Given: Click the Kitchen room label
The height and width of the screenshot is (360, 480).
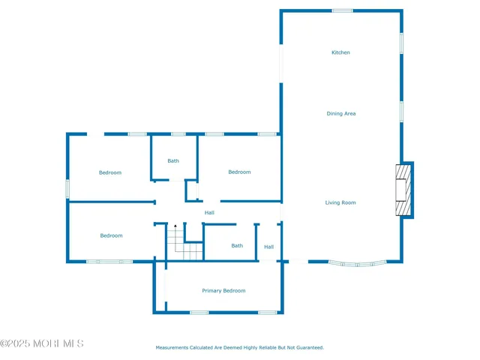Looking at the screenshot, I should (340, 52).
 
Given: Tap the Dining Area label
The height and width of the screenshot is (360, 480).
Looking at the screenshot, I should (340, 114).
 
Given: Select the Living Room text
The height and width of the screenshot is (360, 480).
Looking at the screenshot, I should (340, 202).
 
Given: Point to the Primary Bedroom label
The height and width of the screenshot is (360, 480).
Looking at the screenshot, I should (223, 291).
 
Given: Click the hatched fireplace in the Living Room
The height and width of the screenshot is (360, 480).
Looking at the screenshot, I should (403, 190).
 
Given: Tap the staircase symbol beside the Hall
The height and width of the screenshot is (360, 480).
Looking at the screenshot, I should (184, 242).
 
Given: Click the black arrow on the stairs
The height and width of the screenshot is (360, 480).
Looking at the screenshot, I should (175, 227).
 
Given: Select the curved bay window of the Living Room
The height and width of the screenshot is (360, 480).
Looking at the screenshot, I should (358, 263).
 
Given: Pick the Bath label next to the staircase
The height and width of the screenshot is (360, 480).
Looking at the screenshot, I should (237, 246).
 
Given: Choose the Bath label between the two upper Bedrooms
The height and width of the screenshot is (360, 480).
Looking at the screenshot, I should (173, 160).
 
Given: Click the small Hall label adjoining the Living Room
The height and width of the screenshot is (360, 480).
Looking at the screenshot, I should (268, 247).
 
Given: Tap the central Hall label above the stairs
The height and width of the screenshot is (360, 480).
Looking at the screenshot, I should (209, 213).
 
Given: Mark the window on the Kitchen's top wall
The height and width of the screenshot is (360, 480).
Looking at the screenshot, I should (342, 10).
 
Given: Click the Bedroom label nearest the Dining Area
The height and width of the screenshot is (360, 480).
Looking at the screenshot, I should (239, 172).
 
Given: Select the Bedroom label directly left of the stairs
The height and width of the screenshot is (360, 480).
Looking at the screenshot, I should (111, 235).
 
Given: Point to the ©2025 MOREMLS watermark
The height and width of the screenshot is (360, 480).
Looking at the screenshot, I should (42, 343).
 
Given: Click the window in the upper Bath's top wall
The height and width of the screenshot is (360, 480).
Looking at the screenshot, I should (178, 134).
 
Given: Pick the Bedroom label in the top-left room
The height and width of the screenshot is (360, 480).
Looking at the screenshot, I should (110, 172).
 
